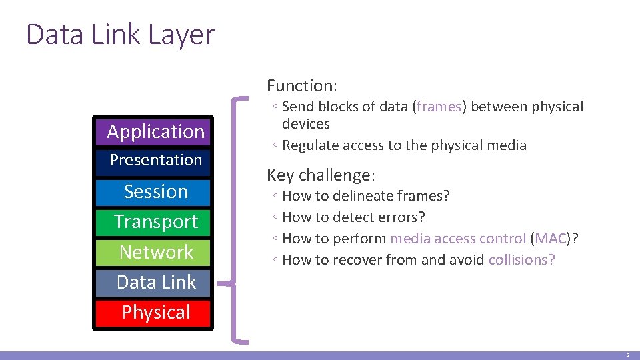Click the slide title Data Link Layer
[x=121, y=35]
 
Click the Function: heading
[x=302, y=85]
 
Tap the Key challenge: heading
[x=321, y=175]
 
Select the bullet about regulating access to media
[x=404, y=145]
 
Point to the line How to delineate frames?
[x=366, y=196]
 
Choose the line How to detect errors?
[x=353, y=217]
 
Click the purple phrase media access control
[x=458, y=239]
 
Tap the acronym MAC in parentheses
[x=550, y=239]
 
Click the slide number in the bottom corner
[x=627, y=355]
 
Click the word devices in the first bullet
[x=305, y=124]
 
